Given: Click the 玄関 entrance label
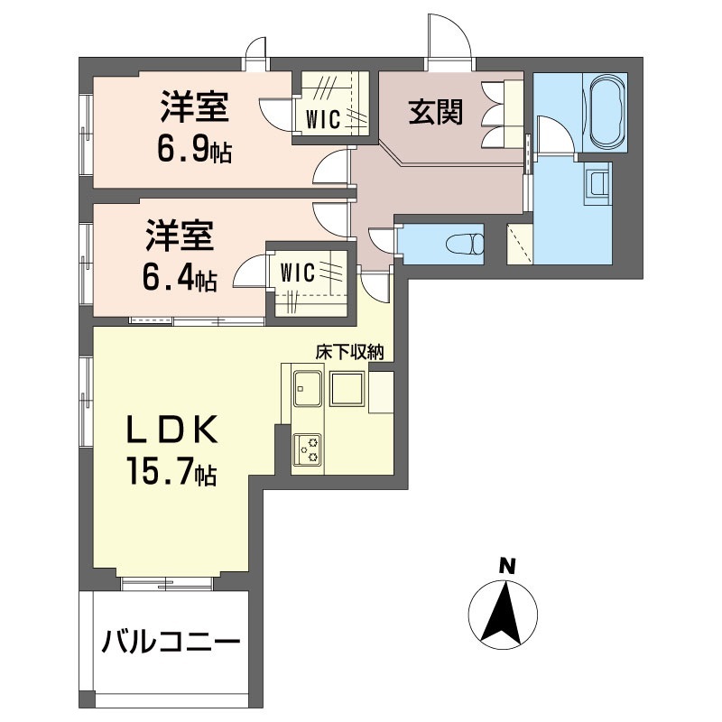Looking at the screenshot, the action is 436,112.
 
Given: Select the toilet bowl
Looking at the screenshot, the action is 465,242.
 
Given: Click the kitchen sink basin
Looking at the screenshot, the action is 308,388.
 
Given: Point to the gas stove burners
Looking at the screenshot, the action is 308,449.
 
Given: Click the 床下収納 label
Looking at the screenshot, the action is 349,353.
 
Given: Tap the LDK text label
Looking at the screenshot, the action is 172,429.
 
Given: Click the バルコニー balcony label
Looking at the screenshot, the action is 171,642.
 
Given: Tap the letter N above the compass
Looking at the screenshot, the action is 507,566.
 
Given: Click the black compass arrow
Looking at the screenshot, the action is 504,615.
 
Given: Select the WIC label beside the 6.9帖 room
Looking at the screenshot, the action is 323,120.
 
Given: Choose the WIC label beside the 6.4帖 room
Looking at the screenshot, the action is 297,273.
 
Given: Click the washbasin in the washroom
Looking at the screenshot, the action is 597,183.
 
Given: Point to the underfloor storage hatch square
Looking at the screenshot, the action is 347,389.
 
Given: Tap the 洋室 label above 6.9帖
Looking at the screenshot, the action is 194,106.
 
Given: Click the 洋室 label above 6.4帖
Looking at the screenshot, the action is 180,236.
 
